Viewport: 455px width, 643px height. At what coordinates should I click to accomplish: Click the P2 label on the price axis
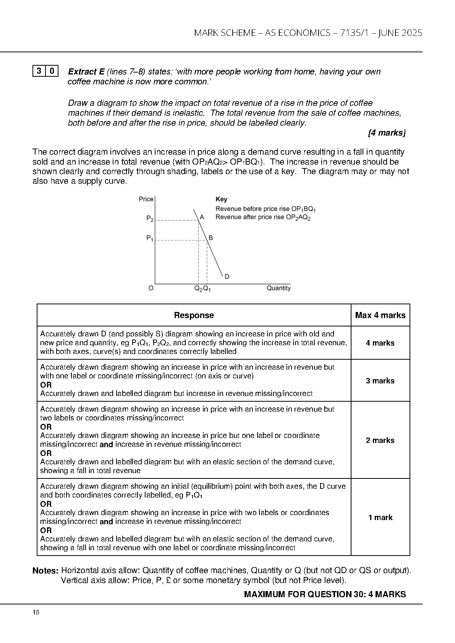point(150,219)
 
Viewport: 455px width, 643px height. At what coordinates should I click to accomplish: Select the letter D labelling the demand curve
point(227,276)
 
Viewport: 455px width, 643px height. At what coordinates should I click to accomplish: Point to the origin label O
point(151,288)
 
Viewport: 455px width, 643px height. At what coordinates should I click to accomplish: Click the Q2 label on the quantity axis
point(198,289)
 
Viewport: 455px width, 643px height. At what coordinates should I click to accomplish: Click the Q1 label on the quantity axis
point(207,289)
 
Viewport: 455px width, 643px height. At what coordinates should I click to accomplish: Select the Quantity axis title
point(279,288)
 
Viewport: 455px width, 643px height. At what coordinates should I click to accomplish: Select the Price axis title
point(146,199)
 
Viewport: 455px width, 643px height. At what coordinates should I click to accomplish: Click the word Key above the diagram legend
point(221,199)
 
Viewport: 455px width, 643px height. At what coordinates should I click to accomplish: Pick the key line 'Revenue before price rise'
point(266,209)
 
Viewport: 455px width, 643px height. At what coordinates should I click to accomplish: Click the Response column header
point(194,315)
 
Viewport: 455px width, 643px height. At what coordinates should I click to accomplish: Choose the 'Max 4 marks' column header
point(380,315)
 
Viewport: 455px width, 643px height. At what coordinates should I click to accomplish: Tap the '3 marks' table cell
point(380,381)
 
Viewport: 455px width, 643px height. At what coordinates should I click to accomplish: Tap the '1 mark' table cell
point(380,517)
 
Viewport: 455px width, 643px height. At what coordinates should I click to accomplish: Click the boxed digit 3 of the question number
point(39,71)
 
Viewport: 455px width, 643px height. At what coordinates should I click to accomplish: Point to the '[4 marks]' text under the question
point(387,133)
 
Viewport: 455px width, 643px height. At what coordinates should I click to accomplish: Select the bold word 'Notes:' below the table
point(45,571)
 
